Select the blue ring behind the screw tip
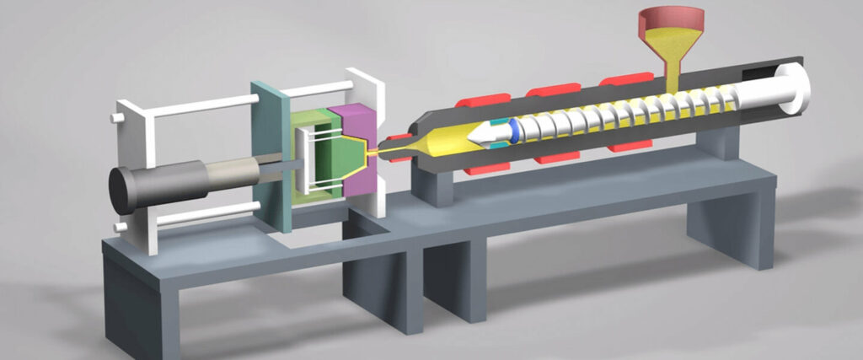click(x=512, y=130)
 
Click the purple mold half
click(x=354, y=126)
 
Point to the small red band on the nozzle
click(x=389, y=136)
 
